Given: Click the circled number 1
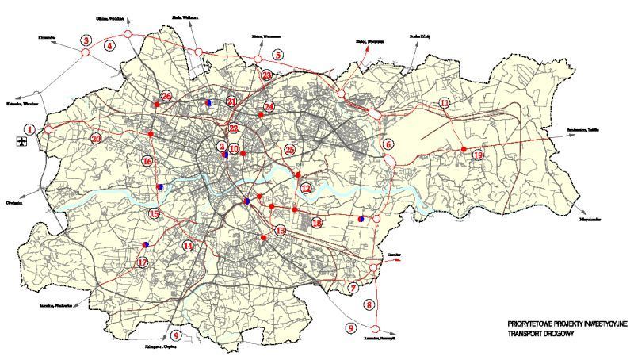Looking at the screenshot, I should (x=29, y=128).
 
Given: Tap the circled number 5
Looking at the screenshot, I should (x=277, y=55).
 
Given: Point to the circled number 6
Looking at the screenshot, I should (x=388, y=144).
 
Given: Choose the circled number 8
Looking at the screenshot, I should (x=369, y=304).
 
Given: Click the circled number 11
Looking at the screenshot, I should (x=445, y=104).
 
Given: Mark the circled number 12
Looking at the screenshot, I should (x=306, y=188).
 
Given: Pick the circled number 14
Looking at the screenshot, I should (x=188, y=246).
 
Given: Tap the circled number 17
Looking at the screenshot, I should (x=143, y=262).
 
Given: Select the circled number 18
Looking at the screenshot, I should (x=317, y=224).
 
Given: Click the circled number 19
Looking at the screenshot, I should (x=477, y=155).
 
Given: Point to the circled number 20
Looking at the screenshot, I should (x=96, y=138).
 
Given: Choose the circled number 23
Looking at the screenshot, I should (x=267, y=75).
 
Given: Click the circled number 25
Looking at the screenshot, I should (x=289, y=149).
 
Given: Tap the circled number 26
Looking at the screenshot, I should (x=166, y=96).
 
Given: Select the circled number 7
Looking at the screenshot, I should (x=353, y=287).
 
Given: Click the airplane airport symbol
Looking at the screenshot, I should (x=20, y=142).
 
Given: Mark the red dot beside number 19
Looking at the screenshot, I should (x=463, y=149).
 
